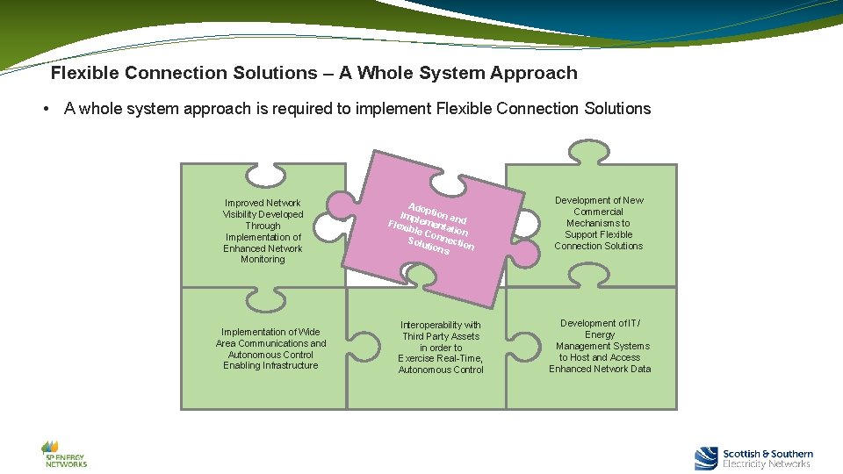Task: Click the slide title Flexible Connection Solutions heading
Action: point(313,73)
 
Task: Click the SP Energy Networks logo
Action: point(65,453)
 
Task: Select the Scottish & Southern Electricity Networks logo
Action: point(753,458)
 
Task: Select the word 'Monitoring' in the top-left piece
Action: point(263,260)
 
